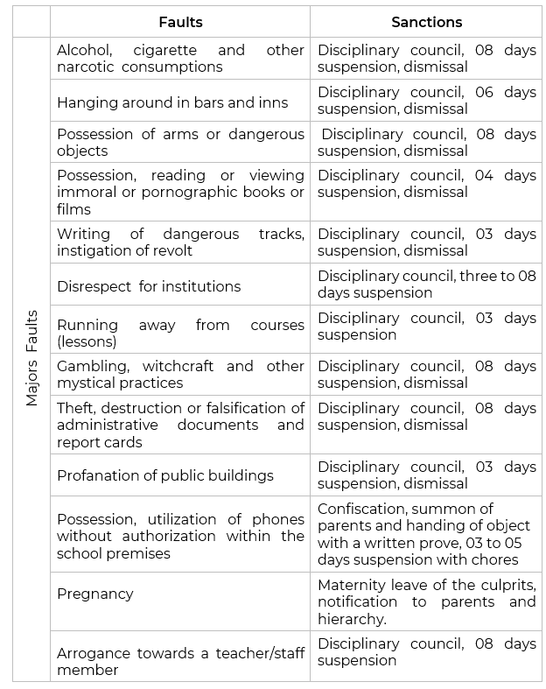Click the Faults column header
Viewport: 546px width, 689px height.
tap(180, 22)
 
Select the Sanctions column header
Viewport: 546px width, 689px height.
tap(426, 22)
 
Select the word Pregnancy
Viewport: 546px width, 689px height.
tap(95, 594)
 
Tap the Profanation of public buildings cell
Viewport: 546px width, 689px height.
tap(165, 475)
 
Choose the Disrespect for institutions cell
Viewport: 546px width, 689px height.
tap(149, 286)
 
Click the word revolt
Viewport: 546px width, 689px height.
tap(172, 250)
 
